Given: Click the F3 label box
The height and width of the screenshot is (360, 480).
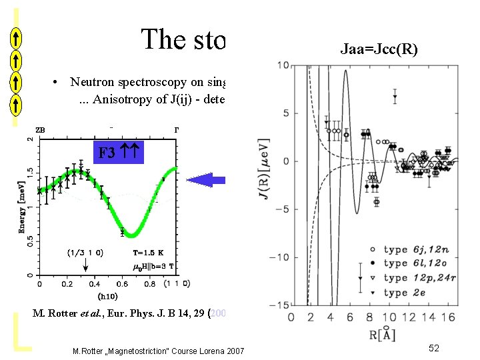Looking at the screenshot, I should pos(117,152).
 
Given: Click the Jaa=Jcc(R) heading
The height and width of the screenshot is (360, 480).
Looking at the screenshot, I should pos(379,49).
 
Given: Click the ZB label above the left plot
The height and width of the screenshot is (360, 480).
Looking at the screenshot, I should pos(41,129).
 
